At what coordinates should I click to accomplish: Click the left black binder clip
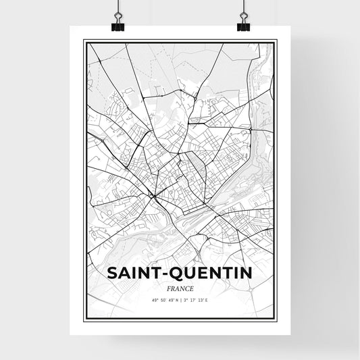coord(117,25)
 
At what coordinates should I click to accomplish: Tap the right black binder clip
coord(243,25)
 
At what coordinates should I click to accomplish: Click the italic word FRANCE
coord(180,287)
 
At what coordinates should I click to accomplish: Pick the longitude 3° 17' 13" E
coord(201,299)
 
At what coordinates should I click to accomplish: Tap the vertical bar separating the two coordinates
coord(180,299)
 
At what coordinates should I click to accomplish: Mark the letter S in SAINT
coord(111,274)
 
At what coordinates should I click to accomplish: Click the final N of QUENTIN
coord(246,274)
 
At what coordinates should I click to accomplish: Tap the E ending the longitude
coord(215,299)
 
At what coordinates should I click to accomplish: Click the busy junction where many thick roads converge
coord(154,197)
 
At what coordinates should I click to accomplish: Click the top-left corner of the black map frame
coord(84,41)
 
